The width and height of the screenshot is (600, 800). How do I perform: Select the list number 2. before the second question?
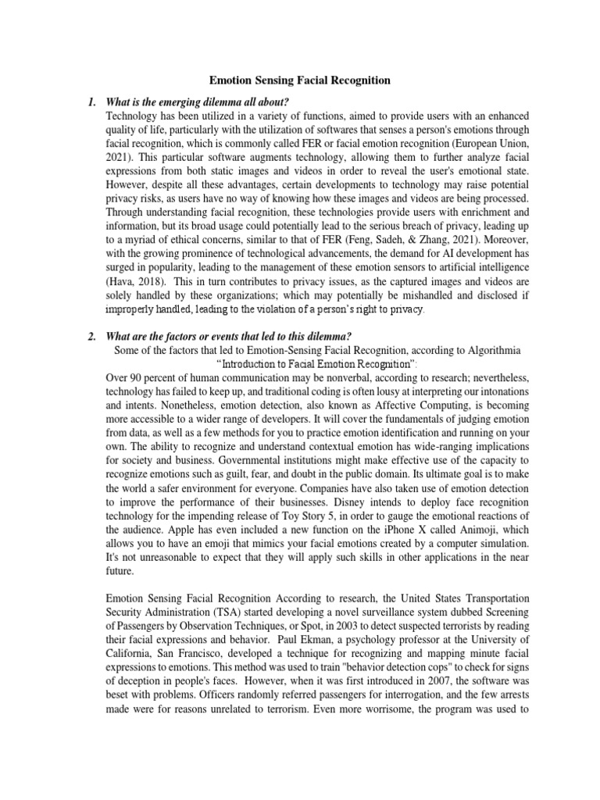[92, 336]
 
